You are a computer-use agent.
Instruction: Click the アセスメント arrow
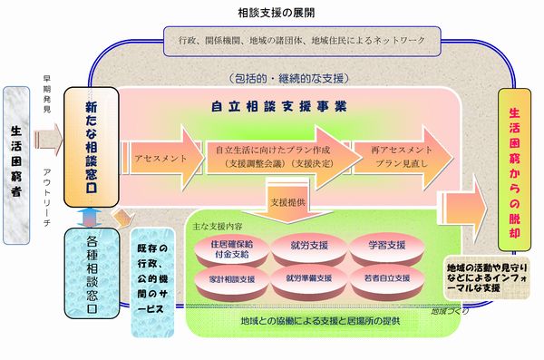point(163,157)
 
